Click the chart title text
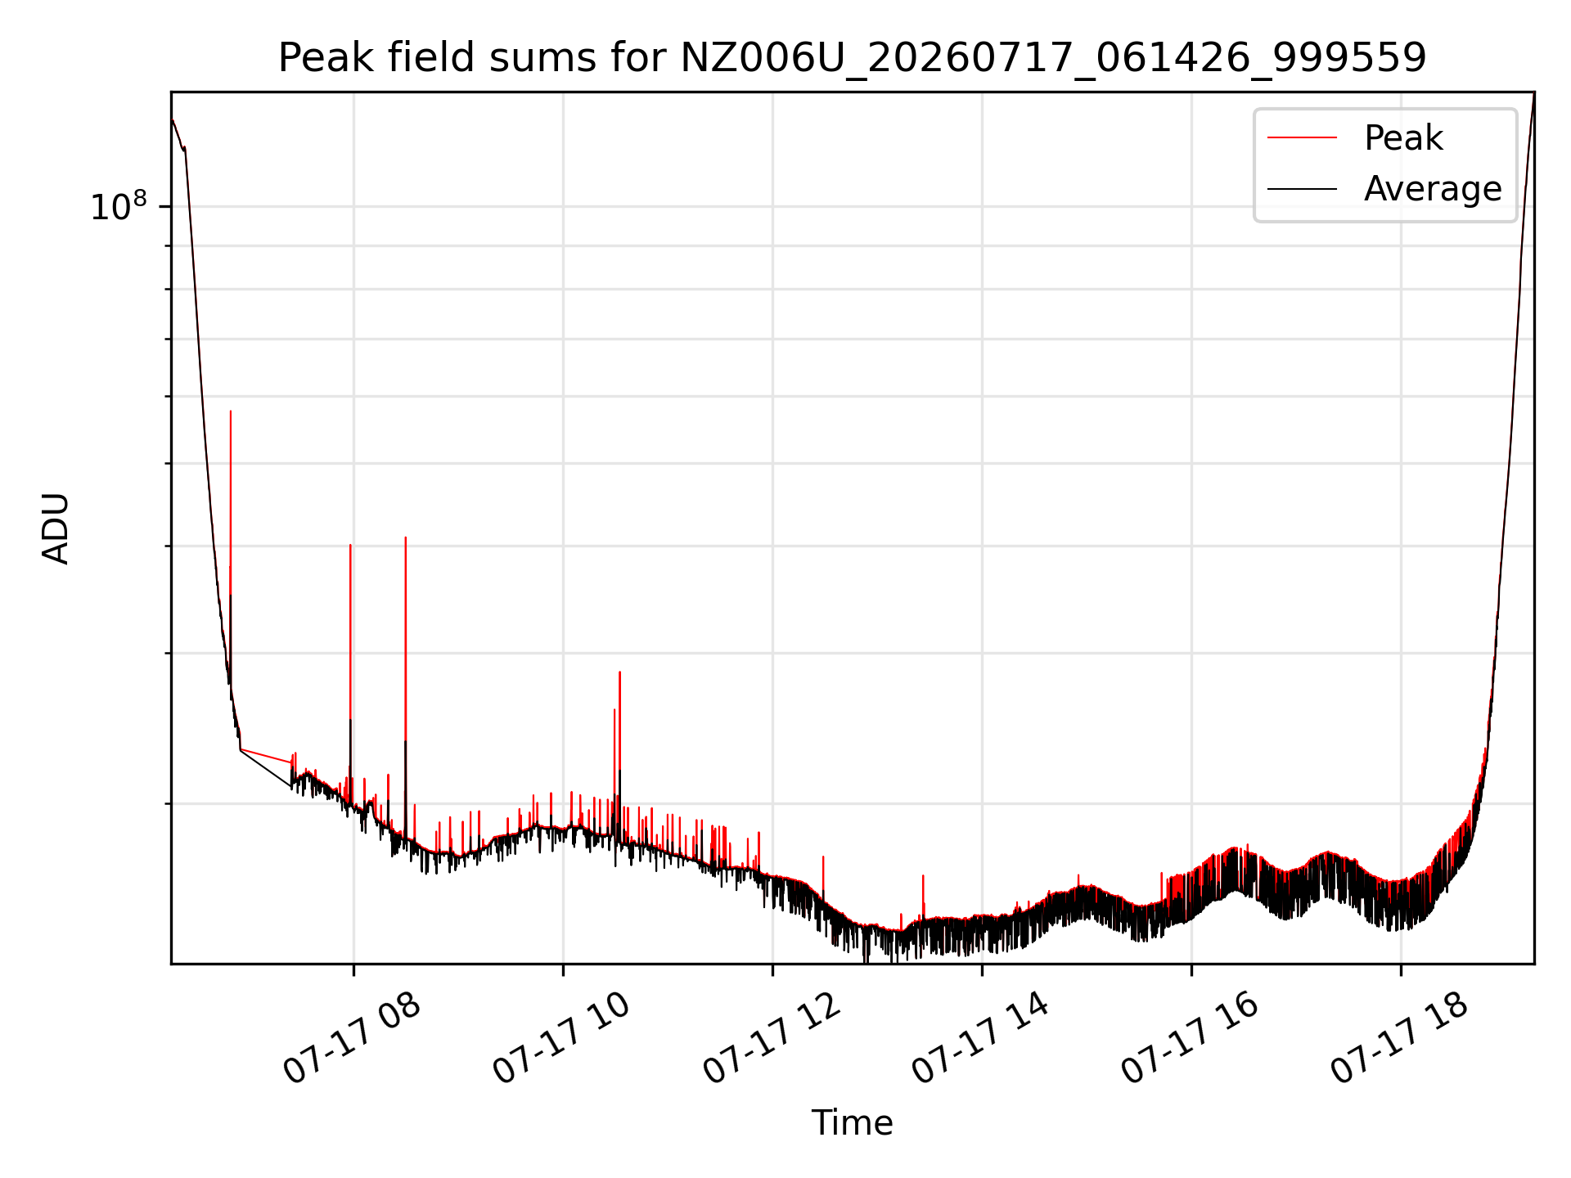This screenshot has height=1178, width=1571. pos(852,58)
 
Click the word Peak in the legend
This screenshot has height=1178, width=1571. pos(1403,137)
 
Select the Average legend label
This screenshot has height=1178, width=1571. pos(1433,189)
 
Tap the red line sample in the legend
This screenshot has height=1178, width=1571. pos(1302,137)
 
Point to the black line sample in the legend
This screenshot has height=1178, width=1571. pos(1302,189)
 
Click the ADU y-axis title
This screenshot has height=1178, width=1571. pos(56,528)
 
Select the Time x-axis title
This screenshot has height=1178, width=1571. pos(852,1122)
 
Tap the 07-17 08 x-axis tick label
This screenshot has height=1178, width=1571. pos(352,1039)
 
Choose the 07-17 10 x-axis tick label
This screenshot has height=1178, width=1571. pos(561,1039)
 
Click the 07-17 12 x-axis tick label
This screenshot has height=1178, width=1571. pos(771,1039)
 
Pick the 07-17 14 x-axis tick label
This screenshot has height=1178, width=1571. pos(980,1039)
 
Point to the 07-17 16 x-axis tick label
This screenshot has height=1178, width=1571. pos(1190,1039)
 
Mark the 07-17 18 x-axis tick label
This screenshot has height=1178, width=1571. pos(1399,1039)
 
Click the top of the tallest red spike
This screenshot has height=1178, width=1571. pos(231,411)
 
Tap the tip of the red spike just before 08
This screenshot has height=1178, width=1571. pos(350,545)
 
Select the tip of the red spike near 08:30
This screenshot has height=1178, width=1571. pos(406,537)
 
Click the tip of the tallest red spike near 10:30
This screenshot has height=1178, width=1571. pos(619,672)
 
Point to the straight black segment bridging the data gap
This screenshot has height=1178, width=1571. pos(265,768)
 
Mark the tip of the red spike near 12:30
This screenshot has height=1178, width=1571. pos(823,857)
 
